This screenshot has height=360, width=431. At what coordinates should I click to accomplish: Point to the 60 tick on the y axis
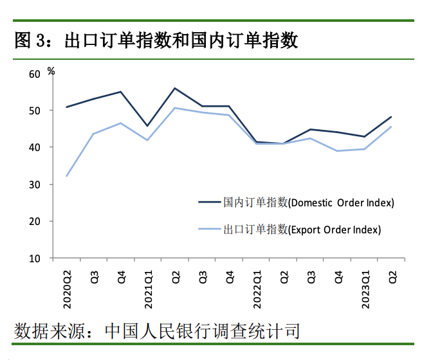click(x=35, y=74)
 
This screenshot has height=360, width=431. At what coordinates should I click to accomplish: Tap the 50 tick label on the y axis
click(x=35, y=111)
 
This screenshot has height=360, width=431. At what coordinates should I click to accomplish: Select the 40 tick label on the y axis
click(x=35, y=147)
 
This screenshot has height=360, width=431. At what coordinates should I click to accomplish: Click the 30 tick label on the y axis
click(x=35, y=184)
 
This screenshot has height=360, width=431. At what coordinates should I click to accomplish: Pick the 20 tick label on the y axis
click(x=35, y=221)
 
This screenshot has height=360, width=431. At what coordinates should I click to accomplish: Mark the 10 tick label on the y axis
click(x=35, y=258)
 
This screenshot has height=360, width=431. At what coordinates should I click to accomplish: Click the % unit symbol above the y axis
click(x=51, y=70)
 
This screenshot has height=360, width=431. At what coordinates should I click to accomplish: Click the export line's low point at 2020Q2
click(x=67, y=175)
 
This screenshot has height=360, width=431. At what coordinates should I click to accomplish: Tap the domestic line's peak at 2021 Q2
click(x=175, y=88)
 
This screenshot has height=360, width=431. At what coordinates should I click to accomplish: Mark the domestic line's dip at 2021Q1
click(x=148, y=125)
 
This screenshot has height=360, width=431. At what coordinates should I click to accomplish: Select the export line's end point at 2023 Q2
click(x=391, y=127)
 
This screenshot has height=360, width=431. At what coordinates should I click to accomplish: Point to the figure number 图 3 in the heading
click(x=30, y=40)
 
